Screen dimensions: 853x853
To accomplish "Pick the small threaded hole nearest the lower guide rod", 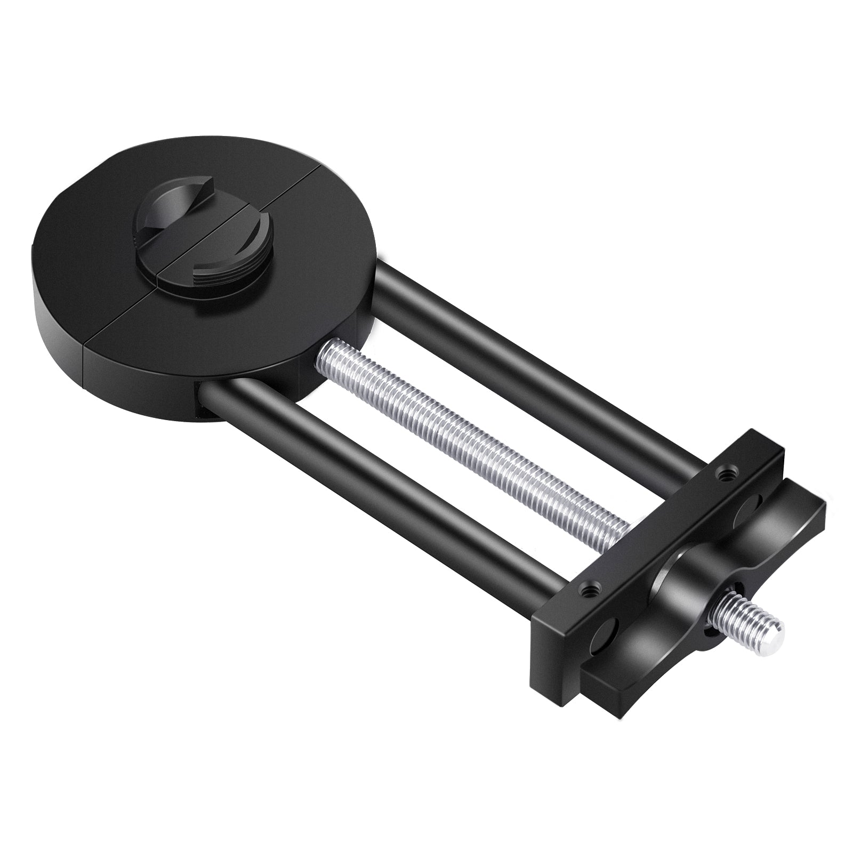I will (589, 590).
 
